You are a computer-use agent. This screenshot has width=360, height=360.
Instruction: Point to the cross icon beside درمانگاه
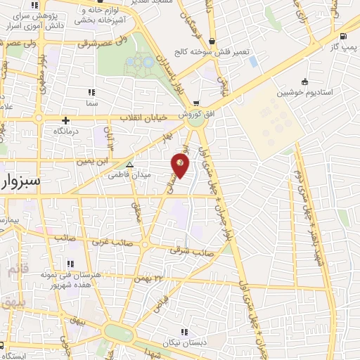pyautogui.click(x=66, y=120)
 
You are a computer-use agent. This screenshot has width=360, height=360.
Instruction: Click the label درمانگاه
pyautogui.click(x=66, y=131)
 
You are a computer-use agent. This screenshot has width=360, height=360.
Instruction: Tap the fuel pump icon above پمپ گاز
pyautogui.click(x=342, y=37)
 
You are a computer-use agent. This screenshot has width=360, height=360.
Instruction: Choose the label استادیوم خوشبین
pyautogui.click(x=304, y=92)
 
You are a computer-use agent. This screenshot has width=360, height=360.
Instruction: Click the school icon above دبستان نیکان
pyautogui.click(x=184, y=331)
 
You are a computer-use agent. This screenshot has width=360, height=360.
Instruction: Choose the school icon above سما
pyautogui.click(x=91, y=92)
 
